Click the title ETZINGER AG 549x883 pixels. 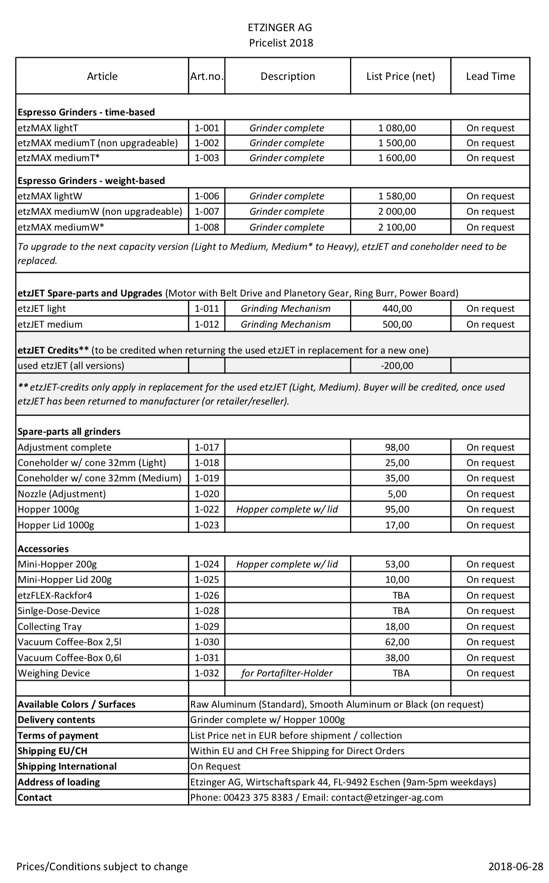(280, 28)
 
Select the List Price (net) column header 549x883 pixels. (401, 76)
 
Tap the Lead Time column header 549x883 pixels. (490, 76)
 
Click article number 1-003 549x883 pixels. (206, 158)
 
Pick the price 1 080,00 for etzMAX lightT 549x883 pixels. (397, 128)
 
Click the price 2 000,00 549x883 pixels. (397, 212)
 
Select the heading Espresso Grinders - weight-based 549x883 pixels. (91, 181)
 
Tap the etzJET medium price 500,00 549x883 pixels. (397, 325)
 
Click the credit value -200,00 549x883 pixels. (397, 366)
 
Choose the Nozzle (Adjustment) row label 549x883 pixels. (62, 494)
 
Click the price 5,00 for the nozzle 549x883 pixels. (397, 494)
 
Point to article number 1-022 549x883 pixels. (206, 510)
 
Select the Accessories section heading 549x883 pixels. (43, 549)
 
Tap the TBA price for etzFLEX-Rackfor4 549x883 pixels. (401, 596)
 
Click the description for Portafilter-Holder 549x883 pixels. (287, 673)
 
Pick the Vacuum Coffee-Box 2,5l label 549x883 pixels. (69, 642)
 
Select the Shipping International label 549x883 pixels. (67, 767)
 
